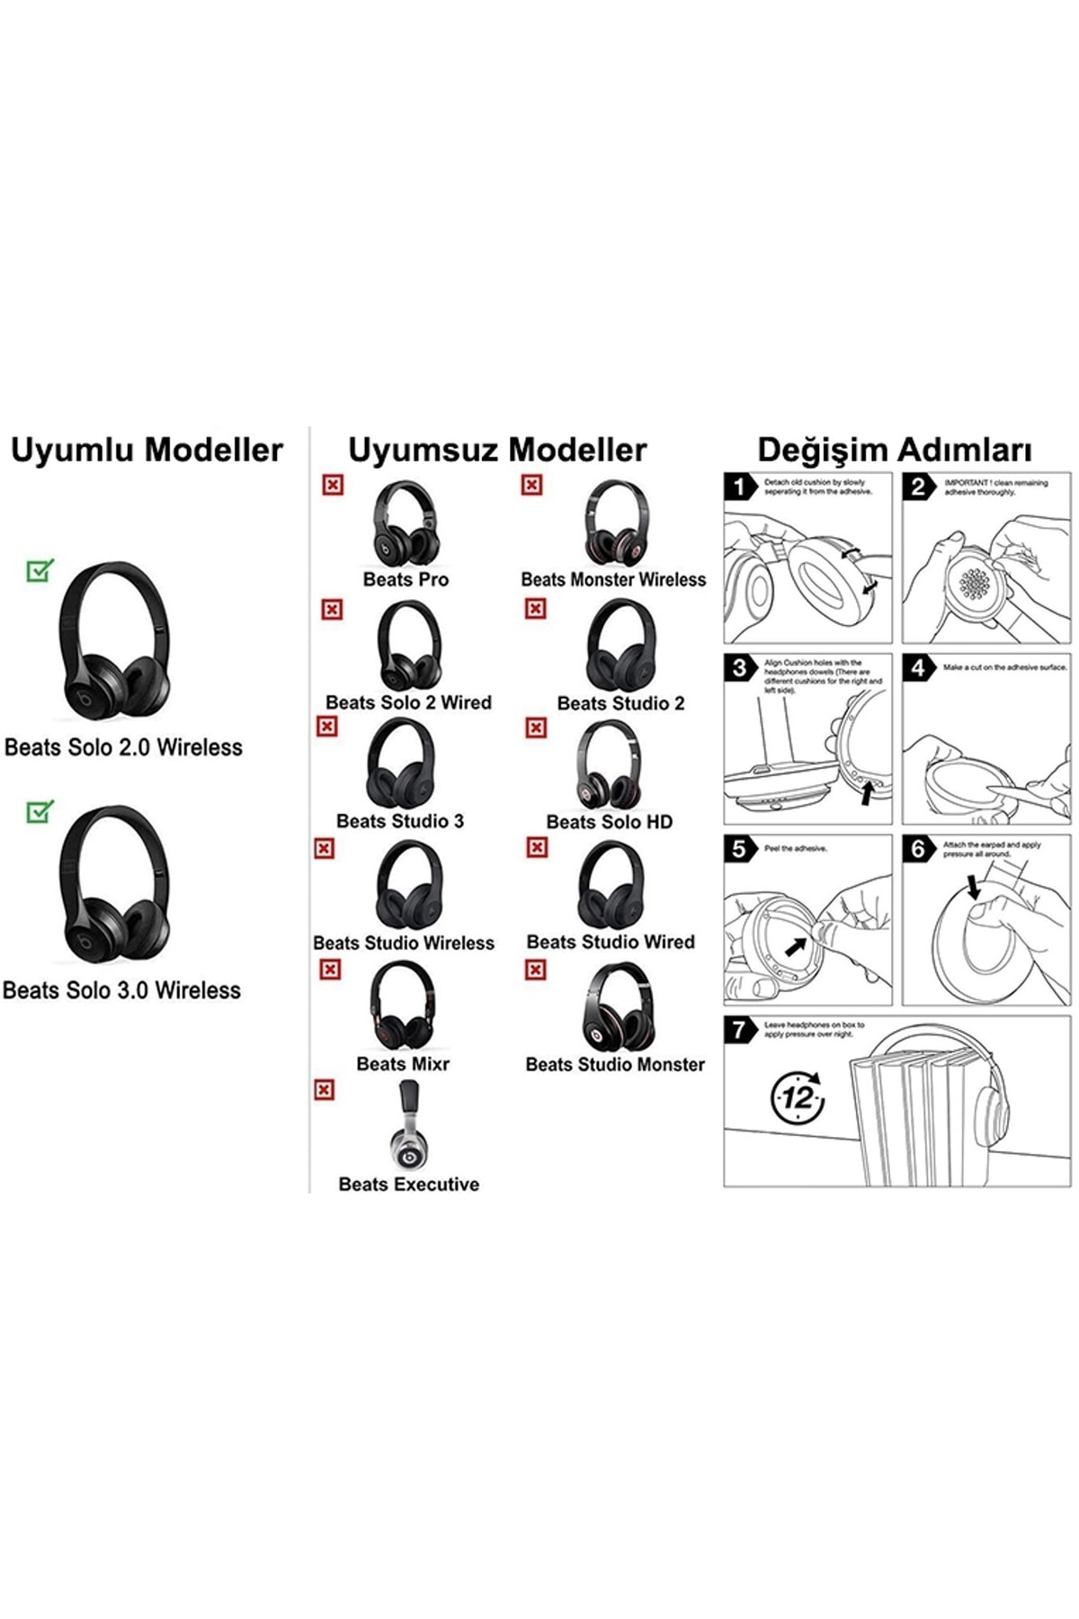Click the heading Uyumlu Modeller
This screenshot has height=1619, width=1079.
[147, 451]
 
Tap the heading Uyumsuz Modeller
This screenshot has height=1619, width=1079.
[497, 451]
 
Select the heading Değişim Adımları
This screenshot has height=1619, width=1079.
[894, 451]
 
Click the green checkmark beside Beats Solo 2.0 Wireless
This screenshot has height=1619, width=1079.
[40, 570]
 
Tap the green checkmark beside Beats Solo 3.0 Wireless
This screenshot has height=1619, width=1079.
[40, 811]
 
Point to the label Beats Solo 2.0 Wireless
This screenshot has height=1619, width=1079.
[123, 747]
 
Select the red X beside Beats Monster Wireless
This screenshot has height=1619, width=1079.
[532, 486]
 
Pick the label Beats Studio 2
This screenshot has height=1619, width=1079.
[620, 703]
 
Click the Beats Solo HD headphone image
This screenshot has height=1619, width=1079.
[610, 765]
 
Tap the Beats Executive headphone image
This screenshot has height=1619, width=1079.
[409, 1125]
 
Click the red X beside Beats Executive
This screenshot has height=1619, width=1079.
[325, 1090]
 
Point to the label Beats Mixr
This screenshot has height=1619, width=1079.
[403, 1064]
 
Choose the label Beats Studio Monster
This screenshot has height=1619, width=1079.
[615, 1065]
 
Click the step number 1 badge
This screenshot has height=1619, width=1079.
[740, 487]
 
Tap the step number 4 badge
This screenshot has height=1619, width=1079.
[918, 668]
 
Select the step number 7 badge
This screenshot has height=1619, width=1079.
[740, 1030]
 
